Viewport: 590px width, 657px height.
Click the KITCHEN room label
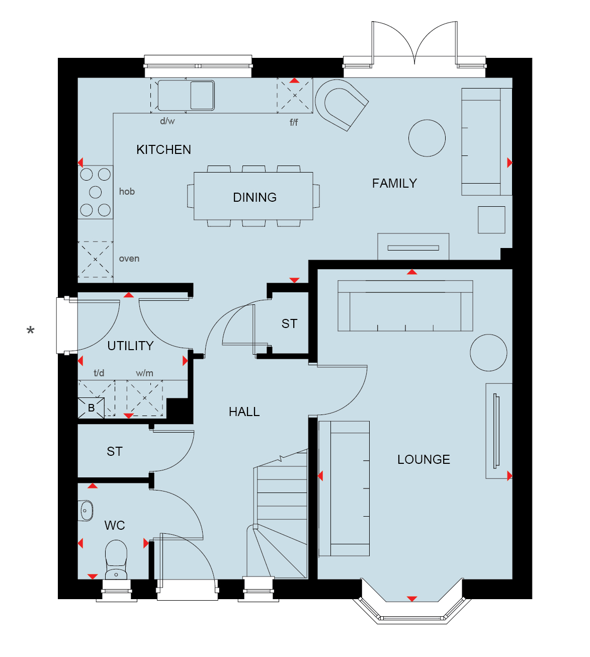point(163,150)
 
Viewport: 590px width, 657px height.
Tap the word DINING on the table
point(255,198)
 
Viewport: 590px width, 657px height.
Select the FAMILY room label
point(394,184)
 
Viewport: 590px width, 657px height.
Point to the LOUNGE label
point(424,459)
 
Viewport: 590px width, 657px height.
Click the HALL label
point(244,412)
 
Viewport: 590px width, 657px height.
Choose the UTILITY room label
point(130,346)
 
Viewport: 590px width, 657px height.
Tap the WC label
point(115,525)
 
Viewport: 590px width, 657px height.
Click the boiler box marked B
point(91,408)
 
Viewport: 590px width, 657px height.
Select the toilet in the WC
point(116,560)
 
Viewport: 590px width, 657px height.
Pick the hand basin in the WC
point(86,511)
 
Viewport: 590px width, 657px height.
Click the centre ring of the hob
point(95,192)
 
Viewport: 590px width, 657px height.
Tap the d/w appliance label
point(167,121)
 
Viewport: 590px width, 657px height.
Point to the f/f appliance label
point(294,122)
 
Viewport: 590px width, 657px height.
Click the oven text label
point(129,259)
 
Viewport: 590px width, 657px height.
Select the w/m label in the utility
point(144,373)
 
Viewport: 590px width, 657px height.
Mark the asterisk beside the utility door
point(31,331)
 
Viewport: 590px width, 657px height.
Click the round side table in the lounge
point(488,353)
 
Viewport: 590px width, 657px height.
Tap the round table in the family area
point(427,138)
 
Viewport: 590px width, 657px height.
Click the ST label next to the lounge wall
point(290,323)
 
